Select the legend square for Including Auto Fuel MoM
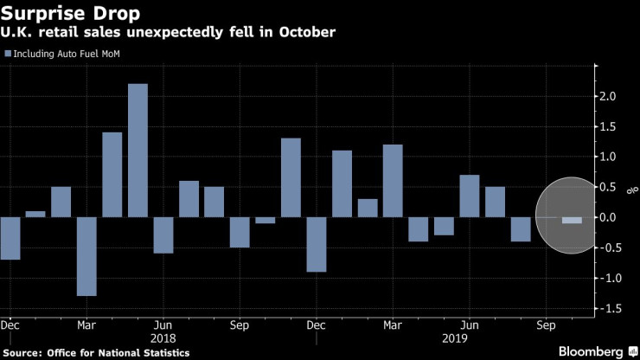pos(8,54)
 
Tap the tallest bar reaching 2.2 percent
pos(138,151)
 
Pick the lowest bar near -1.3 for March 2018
pos(86,256)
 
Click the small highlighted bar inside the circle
pos(573,220)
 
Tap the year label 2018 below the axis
pos(163,338)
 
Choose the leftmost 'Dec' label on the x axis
pos(11,325)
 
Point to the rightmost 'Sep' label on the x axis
pos(547,325)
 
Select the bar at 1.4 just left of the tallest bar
pos(112,175)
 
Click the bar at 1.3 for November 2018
pos(291,177)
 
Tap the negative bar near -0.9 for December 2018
pos(317,244)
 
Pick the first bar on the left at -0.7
pos(10,238)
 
